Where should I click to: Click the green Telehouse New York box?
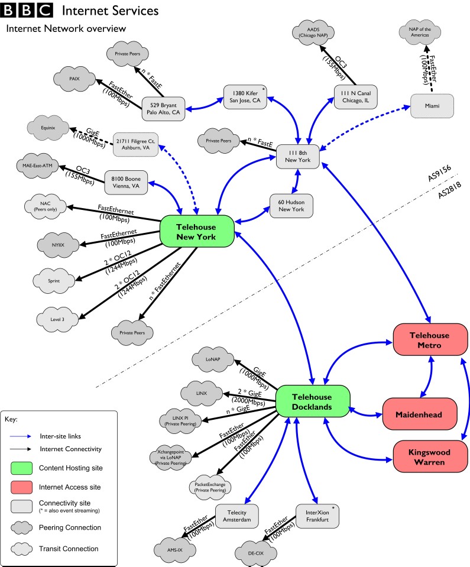(195, 232)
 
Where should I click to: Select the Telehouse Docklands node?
(313, 402)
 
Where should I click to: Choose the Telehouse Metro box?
(430, 340)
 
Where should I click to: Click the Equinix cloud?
(49, 126)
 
